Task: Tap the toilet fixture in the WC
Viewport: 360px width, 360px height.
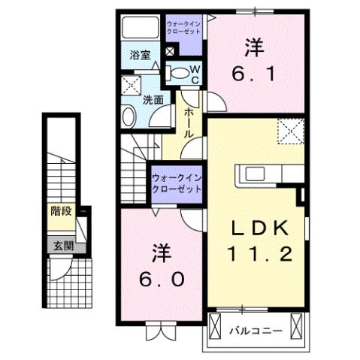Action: click(x=177, y=73)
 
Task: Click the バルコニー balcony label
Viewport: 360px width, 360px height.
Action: click(x=257, y=328)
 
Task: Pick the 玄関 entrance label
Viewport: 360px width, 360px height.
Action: click(x=62, y=245)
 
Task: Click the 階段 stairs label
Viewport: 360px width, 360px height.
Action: click(x=62, y=211)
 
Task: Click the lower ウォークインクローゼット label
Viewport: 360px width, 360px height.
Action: click(x=177, y=184)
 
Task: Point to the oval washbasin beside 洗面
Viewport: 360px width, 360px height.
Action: click(x=129, y=116)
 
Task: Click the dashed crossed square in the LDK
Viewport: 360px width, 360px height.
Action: click(x=289, y=131)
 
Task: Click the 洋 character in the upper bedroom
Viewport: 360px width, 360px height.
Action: click(x=253, y=47)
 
